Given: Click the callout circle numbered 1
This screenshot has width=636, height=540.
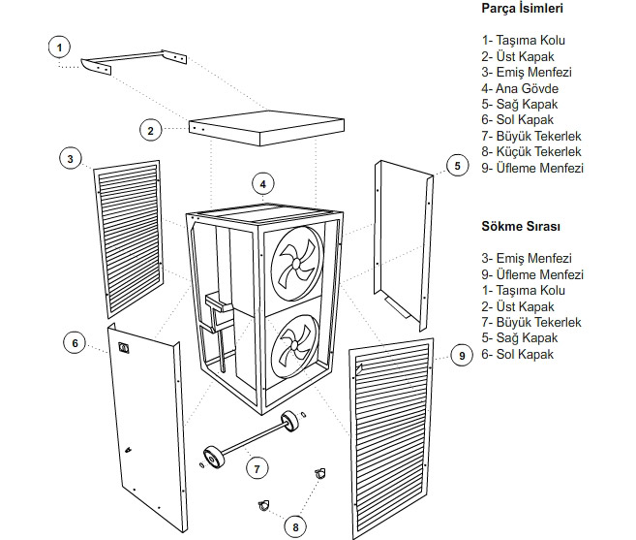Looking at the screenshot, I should point(60,48).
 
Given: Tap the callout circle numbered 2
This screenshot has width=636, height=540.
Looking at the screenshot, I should point(150,130).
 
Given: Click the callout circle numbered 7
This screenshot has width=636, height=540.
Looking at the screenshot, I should point(256,468).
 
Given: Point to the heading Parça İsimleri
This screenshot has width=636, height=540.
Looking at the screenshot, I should point(523,8).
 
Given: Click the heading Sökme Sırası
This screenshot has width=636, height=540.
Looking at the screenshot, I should point(521,226).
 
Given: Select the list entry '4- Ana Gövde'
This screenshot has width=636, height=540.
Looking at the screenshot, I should point(521,87).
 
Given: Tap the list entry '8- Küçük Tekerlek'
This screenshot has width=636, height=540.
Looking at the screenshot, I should point(531,151).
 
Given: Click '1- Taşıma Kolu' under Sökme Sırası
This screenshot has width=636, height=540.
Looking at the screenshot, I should point(523,290).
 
